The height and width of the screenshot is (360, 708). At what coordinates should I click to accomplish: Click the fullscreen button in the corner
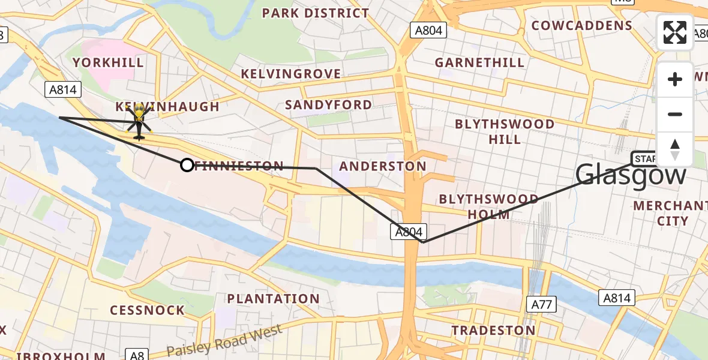[x=675, y=32]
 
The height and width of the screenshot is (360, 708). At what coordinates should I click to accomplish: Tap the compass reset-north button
[x=675, y=149]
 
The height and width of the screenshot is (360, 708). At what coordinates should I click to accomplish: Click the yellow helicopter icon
[x=139, y=121]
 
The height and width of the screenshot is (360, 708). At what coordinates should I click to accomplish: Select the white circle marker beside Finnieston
[x=187, y=165]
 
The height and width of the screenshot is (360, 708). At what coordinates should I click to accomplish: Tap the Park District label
[x=316, y=13]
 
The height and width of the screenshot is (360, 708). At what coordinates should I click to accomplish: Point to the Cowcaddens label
[x=581, y=26]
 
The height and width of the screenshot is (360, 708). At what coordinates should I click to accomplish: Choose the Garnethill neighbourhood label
[x=479, y=62]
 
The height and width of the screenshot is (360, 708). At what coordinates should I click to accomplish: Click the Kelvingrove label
[x=291, y=74]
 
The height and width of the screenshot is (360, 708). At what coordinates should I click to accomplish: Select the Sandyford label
[x=328, y=104]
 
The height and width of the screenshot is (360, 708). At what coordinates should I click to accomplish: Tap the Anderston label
[x=383, y=166]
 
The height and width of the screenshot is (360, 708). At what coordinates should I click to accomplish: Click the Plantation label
[x=273, y=298]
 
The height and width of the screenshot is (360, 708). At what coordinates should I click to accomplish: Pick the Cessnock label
[x=147, y=310]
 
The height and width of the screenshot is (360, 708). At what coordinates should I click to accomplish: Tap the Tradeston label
[x=493, y=330]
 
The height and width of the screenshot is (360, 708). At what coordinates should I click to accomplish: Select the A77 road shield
[x=541, y=305]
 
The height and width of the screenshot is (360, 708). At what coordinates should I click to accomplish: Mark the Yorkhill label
[x=108, y=62]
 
